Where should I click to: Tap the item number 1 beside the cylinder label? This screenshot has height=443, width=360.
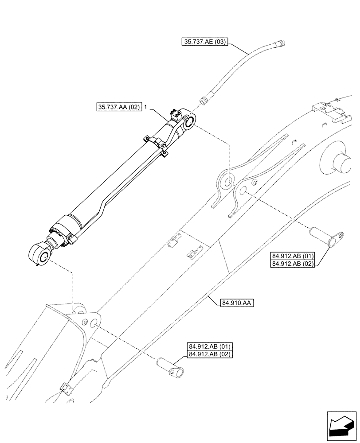click(x=145, y=107)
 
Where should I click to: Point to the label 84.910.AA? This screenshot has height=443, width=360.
click(x=236, y=303)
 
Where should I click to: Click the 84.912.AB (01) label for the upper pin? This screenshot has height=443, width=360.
click(x=292, y=256)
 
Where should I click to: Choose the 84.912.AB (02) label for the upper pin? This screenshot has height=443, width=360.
click(x=292, y=264)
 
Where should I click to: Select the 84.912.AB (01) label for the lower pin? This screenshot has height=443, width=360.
click(x=210, y=346)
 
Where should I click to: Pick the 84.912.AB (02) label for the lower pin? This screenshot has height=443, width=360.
click(x=210, y=354)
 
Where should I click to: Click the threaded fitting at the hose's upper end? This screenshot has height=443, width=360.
click(x=280, y=43)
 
